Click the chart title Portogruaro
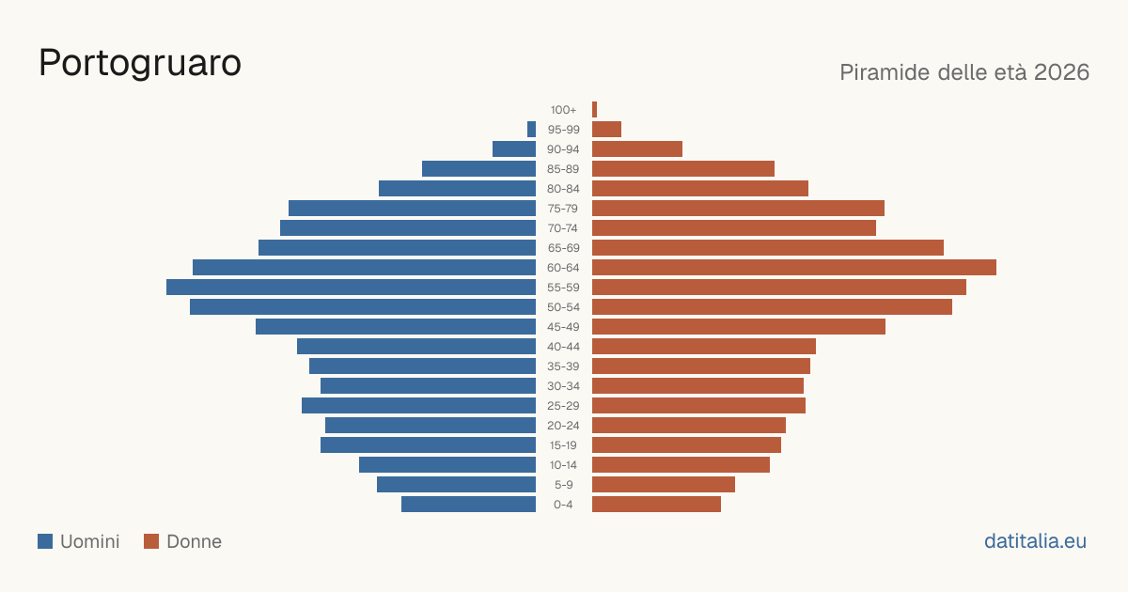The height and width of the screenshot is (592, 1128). coord(140,63)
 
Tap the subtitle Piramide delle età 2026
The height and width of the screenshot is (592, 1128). coord(964,72)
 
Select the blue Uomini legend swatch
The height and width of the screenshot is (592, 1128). coord(45,541)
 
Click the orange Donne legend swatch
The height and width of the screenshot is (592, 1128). coord(151,541)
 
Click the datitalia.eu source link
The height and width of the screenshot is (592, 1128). coord(1035,541)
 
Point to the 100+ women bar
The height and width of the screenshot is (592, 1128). coord(594,109)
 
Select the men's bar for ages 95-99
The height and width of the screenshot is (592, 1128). coord(531,129)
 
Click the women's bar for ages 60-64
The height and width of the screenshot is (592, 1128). coord(794,267)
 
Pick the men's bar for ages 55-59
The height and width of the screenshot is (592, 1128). coord(351,287)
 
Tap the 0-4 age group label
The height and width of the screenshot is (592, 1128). coord(563,505)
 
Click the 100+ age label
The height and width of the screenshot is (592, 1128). coord(563,110)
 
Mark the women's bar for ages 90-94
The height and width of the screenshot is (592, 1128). coord(637,149)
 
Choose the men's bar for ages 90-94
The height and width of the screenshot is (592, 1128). coord(514,149)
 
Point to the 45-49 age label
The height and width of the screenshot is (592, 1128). coord(563,327)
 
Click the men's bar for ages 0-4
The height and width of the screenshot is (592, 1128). coord(468,504)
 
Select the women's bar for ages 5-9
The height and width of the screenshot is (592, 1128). coord(664,484)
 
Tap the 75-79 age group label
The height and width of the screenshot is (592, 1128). coord(563,209)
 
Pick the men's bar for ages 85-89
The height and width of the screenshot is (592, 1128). coord(478,168)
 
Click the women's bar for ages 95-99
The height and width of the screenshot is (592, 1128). coord(607,129)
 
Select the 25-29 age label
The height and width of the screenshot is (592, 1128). coord(563,406)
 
